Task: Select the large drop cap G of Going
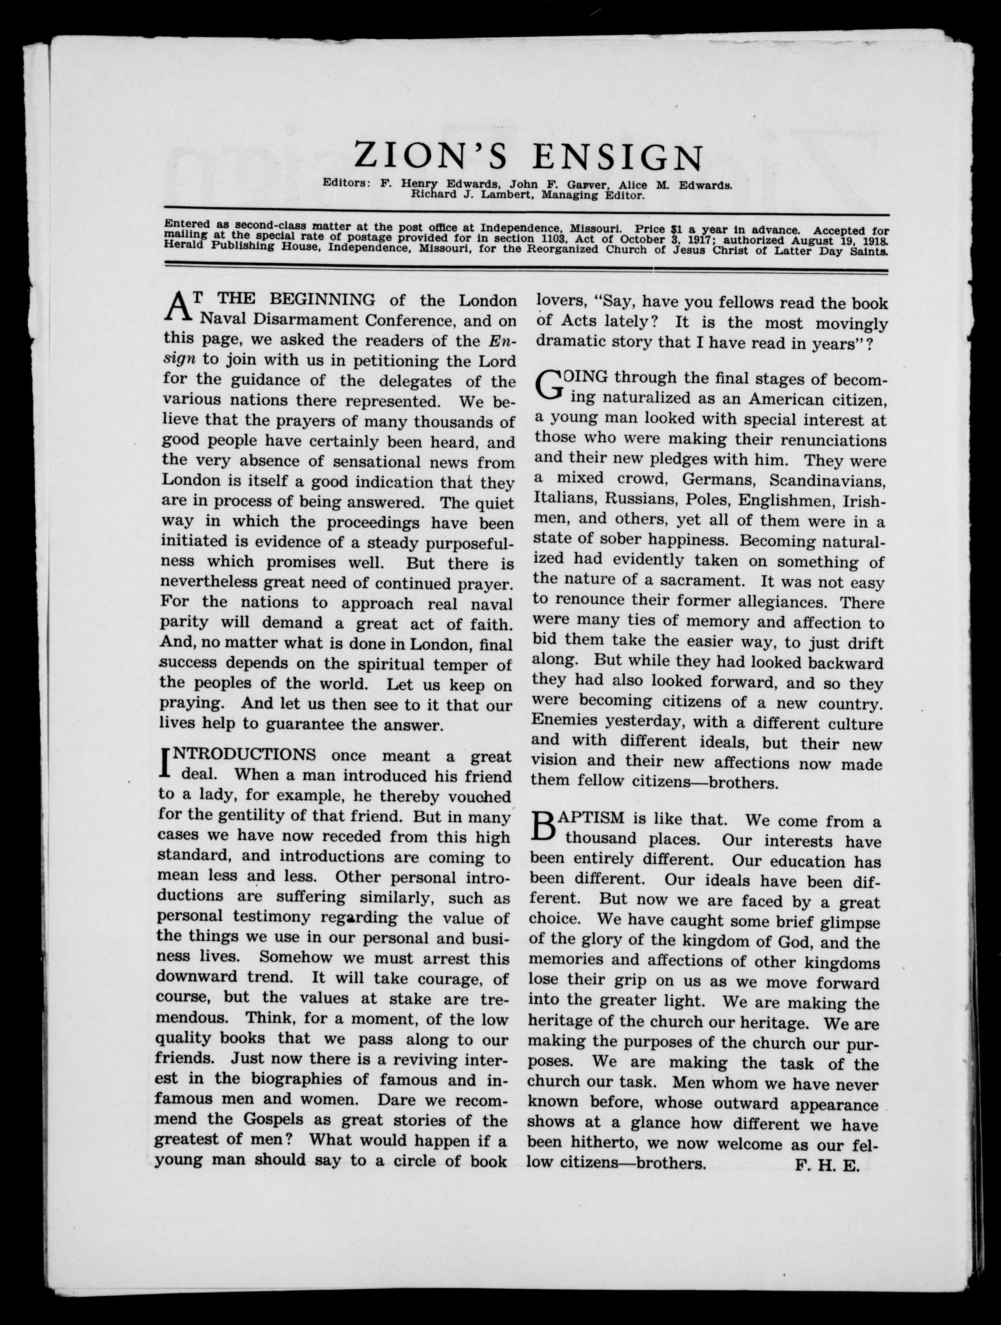pos(550,385)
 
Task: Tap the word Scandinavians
pos(827,480)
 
